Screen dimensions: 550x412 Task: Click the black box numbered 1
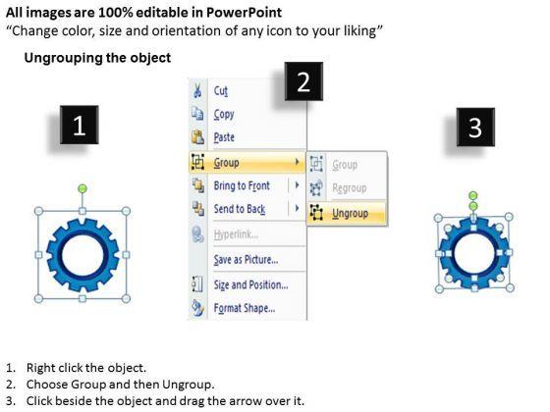(x=80, y=125)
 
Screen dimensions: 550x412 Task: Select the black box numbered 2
(x=303, y=81)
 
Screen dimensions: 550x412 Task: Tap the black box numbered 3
(x=475, y=128)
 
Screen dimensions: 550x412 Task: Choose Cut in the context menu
(x=221, y=91)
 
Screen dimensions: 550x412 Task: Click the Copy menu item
(x=224, y=114)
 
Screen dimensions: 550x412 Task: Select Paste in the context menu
(x=224, y=137)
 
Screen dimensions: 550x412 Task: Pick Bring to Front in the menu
(x=242, y=185)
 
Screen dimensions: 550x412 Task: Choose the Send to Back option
(x=240, y=209)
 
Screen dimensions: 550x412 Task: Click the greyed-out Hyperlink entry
(x=236, y=234)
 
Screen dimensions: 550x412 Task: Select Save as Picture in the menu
(x=246, y=260)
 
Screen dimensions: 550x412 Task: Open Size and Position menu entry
(x=250, y=284)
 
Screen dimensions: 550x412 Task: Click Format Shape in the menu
(x=245, y=308)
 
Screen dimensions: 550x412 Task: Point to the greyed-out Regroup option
(x=350, y=188)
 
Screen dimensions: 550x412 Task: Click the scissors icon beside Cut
(x=197, y=90)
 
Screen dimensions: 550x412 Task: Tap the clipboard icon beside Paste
(x=197, y=136)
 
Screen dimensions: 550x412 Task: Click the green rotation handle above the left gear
(x=82, y=188)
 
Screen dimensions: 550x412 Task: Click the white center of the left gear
(x=82, y=255)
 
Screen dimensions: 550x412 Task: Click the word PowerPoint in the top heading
(x=244, y=13)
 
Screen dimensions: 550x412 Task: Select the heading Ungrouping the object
(x=97, y=58)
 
